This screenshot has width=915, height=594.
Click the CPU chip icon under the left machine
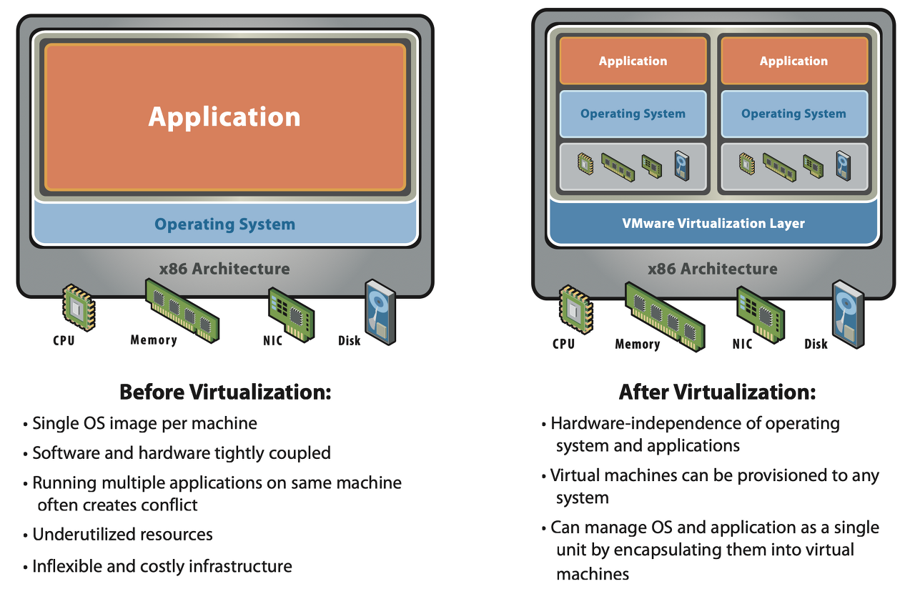coord(79,307)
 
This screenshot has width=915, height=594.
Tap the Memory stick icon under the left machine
coord(182,310)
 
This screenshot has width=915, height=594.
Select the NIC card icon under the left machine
coord(291,315)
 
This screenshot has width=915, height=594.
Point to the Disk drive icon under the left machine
coord(380,312)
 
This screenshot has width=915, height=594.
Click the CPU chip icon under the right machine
coord(576,310)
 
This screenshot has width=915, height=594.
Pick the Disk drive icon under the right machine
coord(848,314)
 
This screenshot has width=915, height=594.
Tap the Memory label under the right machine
coord(637,344)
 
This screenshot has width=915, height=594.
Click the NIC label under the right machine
coord(742,344)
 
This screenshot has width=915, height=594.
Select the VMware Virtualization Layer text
coord(713,223)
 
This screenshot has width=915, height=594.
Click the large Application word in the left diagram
coord(224,117)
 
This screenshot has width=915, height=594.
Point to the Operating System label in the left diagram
coord(224,224)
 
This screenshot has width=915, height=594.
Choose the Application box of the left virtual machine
coord(633,61)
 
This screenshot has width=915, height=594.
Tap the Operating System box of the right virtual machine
coord(794,114)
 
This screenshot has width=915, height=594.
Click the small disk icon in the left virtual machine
coord(682,165)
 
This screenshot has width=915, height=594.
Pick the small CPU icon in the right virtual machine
coord(747,164)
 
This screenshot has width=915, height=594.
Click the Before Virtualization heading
coord(225,392)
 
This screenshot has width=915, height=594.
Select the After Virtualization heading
coord(717,392)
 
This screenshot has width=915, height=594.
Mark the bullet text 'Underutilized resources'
coord(122,535)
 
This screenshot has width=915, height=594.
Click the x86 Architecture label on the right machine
coord(713,269)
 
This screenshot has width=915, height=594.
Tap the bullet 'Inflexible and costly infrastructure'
coord(162,566)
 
